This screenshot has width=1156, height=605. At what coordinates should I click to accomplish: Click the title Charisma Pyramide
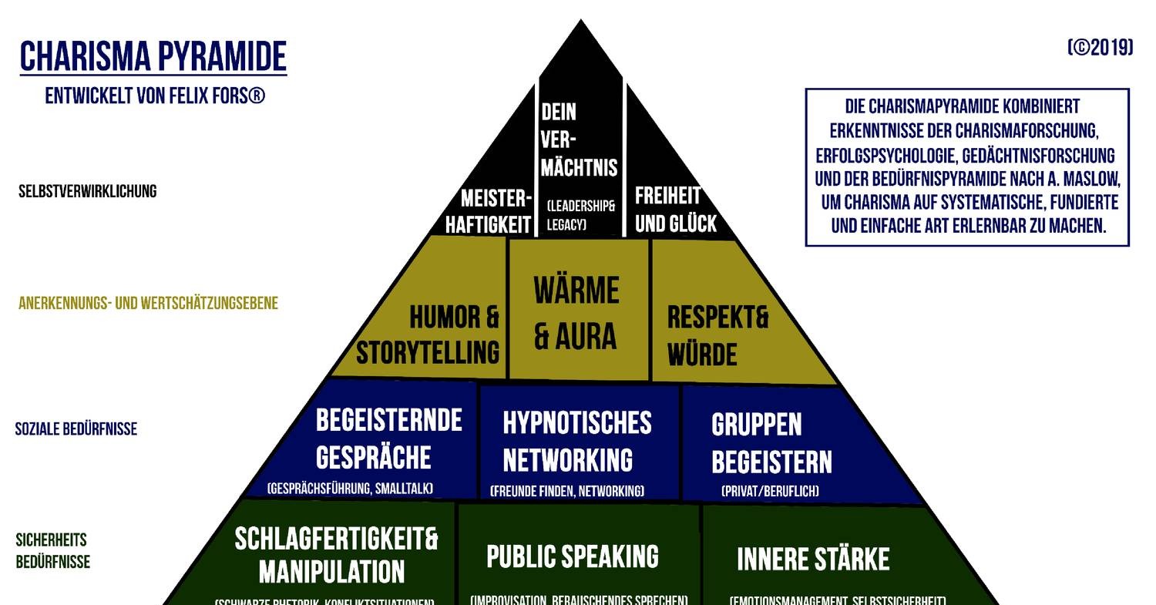coord(153,56)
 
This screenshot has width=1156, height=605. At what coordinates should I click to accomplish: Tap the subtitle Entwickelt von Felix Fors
coord(155,96)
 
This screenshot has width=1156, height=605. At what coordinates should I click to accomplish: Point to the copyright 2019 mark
coord(1100,48)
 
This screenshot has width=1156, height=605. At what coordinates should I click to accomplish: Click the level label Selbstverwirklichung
coord(87,191)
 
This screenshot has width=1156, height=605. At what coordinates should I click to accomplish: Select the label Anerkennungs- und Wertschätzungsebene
coord(148,303)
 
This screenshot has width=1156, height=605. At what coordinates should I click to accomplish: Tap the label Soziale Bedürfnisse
coord(76,429)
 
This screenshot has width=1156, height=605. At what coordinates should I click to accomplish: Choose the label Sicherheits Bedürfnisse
coord(52,550)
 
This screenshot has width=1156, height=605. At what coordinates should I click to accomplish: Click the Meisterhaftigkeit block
coord(489,211)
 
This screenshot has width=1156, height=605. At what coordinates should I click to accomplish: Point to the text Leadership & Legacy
coord(580,216)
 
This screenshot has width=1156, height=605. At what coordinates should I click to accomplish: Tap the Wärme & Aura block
coord(576,314)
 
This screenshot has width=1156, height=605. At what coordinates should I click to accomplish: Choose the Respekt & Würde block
coord(717,336)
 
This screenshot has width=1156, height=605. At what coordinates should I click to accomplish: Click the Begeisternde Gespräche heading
coord(388,439)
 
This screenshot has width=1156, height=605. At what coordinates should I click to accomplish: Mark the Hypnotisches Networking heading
coord(576,441)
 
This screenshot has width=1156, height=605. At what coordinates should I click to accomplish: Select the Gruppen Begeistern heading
coord(771,443)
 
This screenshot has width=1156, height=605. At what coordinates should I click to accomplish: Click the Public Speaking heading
coord(572,556)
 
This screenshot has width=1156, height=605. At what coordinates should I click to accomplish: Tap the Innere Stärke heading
coord(813,560)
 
